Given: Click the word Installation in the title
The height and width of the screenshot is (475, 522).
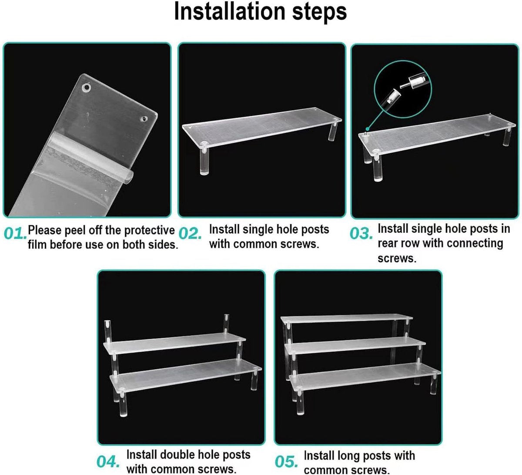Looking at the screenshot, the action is pos(230,11).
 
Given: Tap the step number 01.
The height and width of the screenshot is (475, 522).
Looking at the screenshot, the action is pos(15,233).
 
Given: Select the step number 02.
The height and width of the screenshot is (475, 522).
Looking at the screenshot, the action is pos(190,233).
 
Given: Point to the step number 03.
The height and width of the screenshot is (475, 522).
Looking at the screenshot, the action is pos(361,233).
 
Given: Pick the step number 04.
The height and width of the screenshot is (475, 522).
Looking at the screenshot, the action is pos(108,462).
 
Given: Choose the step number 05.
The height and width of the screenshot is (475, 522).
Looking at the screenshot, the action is pos(286,462).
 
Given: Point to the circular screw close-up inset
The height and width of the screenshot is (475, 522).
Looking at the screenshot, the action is pos(402,89).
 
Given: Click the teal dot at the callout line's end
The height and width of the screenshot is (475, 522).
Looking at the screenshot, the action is pos(367,129).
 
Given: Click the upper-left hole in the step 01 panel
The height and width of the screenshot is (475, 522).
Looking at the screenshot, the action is pos(86,87).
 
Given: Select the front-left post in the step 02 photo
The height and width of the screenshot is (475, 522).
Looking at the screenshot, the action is pos(204,159).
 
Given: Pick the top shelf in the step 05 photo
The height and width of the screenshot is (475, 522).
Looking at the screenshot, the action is pos(347,319).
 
